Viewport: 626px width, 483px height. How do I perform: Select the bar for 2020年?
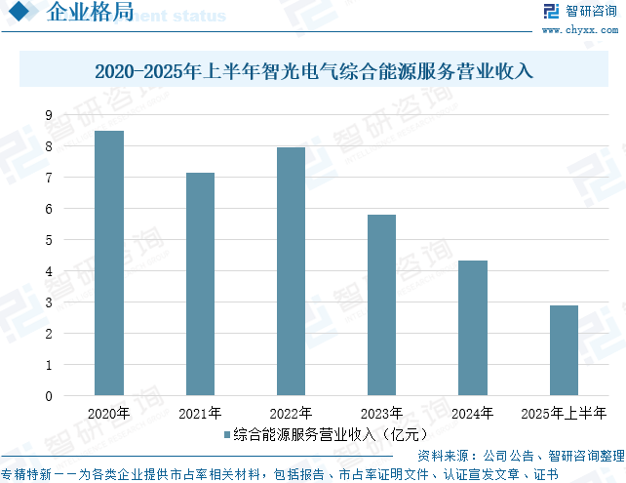click(109, 263)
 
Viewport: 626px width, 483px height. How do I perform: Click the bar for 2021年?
click(200, 284)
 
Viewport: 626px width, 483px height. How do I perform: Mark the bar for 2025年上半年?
click(564, 350)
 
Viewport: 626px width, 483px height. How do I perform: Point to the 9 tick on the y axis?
click(48, 115)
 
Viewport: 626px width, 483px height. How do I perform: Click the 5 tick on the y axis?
click(48, 240)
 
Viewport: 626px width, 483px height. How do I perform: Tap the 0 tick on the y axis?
click(48, 396)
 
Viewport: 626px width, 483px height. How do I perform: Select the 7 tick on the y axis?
click(48, 178)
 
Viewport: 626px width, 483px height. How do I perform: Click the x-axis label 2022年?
click(291, 413)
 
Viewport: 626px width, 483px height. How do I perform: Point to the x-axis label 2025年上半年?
click(564, 413)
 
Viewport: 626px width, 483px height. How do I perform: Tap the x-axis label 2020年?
click(109, 413)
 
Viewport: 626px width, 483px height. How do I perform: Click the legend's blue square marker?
click(226, 433)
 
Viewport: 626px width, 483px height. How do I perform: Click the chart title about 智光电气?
click(314, 72)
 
